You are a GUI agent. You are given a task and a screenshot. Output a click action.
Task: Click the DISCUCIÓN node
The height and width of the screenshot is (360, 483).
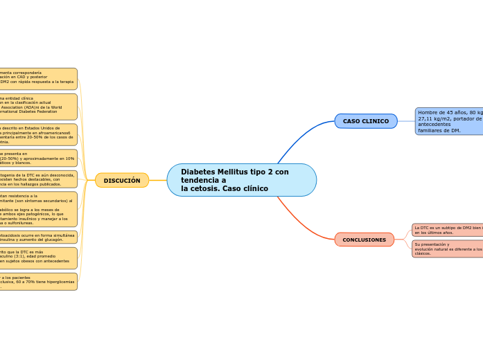coord(122,180)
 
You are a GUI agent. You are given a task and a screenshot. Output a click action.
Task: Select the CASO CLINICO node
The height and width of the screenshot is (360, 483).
coord(366,121)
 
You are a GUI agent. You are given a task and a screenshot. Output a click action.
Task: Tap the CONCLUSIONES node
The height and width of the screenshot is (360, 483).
coord(364,240)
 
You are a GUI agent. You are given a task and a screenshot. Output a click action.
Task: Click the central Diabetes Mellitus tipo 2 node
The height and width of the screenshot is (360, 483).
coord(241,180)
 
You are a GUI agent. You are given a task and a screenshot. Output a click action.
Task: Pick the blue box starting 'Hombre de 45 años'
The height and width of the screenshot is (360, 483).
coord(449,121)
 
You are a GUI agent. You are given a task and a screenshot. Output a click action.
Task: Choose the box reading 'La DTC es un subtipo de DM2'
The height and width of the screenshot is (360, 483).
coord(447,230)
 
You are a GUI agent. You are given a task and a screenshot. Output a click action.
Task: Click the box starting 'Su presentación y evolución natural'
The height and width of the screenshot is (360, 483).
coord(447,249)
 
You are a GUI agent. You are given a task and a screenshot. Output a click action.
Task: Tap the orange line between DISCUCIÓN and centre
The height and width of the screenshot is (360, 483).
coord(158,180)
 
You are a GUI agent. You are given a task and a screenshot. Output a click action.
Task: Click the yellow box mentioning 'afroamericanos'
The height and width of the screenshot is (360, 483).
coord(38,134)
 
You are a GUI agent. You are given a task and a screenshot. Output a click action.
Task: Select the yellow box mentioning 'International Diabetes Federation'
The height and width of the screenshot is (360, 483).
coord(38,107)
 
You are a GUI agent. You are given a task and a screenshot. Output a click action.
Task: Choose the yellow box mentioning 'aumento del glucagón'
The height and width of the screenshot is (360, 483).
coord(38,237)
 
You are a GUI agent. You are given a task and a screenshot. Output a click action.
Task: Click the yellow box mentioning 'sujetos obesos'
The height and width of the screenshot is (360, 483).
coord(38,258)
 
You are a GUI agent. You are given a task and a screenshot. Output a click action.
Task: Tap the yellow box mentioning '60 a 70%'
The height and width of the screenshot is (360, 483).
coord(38,282)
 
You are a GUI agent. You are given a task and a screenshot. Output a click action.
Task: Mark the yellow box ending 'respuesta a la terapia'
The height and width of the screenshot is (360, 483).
coord(38,79)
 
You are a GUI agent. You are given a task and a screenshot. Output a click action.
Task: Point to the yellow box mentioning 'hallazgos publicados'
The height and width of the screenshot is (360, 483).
coord(38,180)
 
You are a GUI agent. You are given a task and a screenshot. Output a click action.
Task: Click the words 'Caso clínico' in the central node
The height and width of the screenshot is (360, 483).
coord(245,188)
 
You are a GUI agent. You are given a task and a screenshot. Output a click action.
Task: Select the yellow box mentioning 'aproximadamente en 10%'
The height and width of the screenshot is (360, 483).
coord(38,159)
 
